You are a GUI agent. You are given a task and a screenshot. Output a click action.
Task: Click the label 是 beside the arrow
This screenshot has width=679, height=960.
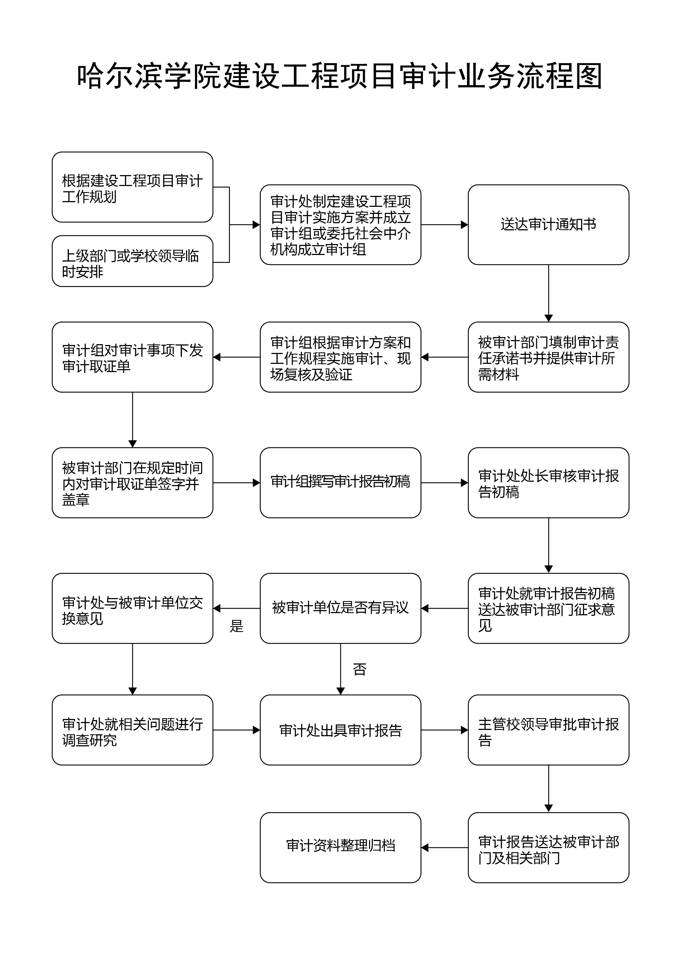tap(237, 626)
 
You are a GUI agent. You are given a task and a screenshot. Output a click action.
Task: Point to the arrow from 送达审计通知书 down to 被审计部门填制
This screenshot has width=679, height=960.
tap(549, 293)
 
